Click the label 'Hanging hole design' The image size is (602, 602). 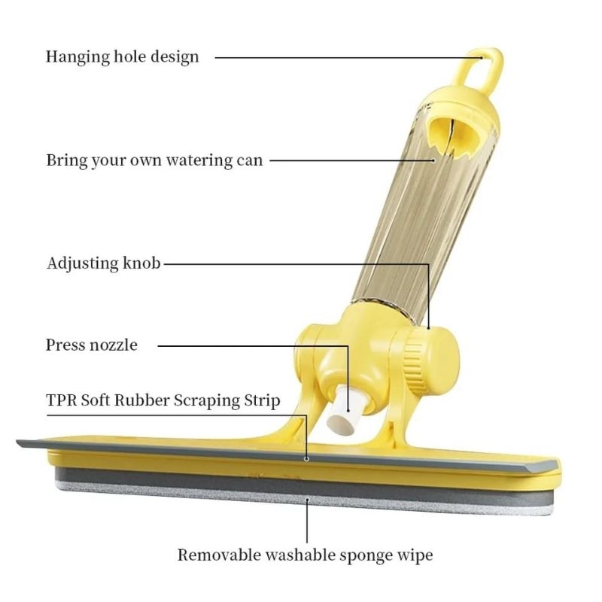click(x=123, y=56)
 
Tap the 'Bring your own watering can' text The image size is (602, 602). click(x=154, y=160)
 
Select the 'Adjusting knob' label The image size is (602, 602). click(x=103, y=263)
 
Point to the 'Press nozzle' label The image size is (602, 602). click(x=92, y=345)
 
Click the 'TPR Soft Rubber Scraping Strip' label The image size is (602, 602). click(x=163, y=400)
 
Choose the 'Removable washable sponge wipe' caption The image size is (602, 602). click(x=305, y=555)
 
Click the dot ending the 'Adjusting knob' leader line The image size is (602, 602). click(x=429, y=328)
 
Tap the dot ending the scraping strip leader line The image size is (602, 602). click(x=306, y=457)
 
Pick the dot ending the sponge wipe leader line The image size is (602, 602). click(x=306, y=497)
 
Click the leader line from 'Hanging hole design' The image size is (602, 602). click(x=339, y=56)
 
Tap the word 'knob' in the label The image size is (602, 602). click(x=141, y=263)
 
